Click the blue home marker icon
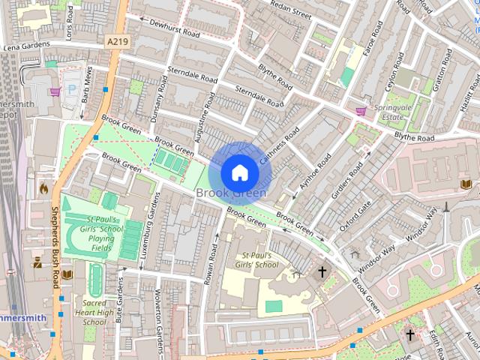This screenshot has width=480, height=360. (x=239, y=173)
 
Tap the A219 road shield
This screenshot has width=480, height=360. (x=116, y=42)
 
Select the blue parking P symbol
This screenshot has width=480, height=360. (x=72, y=88)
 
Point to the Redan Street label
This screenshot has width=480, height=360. (x=290, y=13)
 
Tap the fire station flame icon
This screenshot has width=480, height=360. (x=43, y=188)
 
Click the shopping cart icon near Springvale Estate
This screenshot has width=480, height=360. (x=361, y=111)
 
